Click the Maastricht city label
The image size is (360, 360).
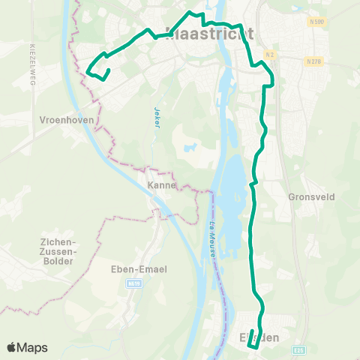(x=208, y=34)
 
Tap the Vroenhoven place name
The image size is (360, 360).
(x=66, y=118)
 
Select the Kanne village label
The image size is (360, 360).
(x=161, y=184)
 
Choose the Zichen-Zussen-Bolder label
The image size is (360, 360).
(x=53, y=250)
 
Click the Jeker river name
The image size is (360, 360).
(x=157, y=118)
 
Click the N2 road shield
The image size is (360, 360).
(x=271, y=56)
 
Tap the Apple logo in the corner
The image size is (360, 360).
(x=12, y=347)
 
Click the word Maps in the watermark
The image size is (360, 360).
(x=32, y=347)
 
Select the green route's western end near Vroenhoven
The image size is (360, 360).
(x=88, y=71)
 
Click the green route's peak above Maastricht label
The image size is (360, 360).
(x=193, y=13)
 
